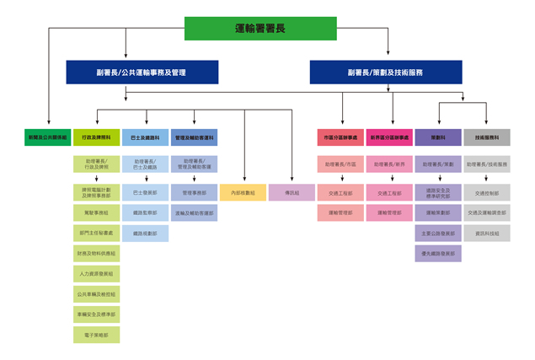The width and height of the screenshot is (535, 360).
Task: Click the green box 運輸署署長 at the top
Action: (x=259, y=29)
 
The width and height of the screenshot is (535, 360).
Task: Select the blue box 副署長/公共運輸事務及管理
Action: (x=142, y=73)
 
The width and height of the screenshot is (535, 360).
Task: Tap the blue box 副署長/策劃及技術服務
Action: (x=385, y=73)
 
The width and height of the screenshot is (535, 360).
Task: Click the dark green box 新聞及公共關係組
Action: (x=47, y=137)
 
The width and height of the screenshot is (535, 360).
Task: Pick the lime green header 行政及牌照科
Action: (x=96, y=137)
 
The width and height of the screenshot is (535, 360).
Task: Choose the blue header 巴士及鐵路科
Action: (x=145, y=137)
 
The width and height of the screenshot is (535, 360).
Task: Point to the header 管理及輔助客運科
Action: (x=194, y=137)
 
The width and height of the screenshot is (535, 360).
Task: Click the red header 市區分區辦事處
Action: (x=340, y=137)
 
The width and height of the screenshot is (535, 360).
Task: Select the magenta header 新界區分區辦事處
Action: (x=389, y=137)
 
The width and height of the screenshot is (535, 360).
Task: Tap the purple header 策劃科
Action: (x=438, y=137)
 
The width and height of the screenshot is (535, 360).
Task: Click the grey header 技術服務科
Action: (x=487, y=137)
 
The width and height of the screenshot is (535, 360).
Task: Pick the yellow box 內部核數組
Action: (x=243, y=192)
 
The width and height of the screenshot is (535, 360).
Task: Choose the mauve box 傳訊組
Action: (x=292, y=192)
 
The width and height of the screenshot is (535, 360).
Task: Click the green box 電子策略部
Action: (x=96, y=335)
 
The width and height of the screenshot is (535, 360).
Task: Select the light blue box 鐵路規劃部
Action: (x=145, y=234)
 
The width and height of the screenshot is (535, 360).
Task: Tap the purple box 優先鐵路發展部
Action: (x=438, y=253)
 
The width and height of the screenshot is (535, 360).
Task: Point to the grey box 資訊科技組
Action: (x=487, y=234)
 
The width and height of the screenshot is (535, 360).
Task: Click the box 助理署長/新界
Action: (x=389, y=164)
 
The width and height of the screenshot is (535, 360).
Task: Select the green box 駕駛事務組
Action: (x=96, y=213)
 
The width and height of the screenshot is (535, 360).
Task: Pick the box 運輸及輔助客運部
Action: (x=194, y=213)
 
